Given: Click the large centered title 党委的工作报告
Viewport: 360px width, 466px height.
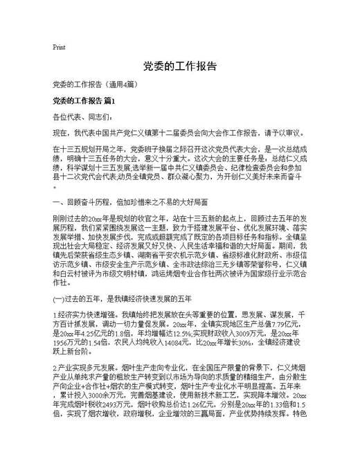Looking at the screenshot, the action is tap(179, 67).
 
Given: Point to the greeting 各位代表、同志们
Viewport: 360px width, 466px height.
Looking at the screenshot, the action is tap(81, 117).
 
